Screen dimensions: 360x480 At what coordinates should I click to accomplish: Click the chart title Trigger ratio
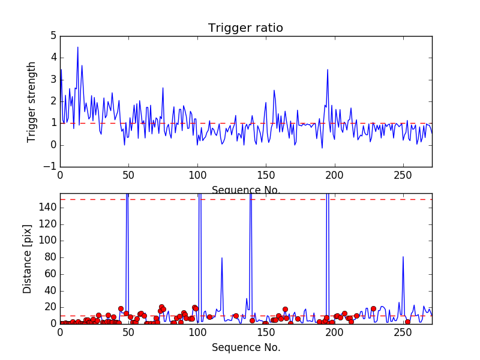click(245, 28)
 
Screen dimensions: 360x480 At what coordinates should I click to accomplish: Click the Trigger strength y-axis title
click(32, 101)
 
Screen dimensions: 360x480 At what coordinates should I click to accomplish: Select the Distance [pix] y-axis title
click(28, 259)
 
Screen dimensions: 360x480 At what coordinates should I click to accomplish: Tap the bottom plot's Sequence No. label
click(245, 347)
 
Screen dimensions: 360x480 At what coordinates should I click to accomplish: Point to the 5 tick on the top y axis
click(53, 36)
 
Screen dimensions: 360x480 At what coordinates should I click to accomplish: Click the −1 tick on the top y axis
click(50, 167)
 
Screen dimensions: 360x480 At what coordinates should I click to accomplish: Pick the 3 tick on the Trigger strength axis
click(53, 80)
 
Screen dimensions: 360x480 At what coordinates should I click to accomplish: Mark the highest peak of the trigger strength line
click(77, 47)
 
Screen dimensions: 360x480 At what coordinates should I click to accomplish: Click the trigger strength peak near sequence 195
click(328, 70)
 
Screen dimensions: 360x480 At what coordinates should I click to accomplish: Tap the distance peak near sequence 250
click(403, 257)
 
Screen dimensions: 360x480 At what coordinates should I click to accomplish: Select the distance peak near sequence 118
click(222, 258)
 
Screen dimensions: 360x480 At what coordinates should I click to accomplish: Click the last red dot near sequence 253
click(407, 322)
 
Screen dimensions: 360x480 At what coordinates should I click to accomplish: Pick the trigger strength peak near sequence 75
click(163, 88)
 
